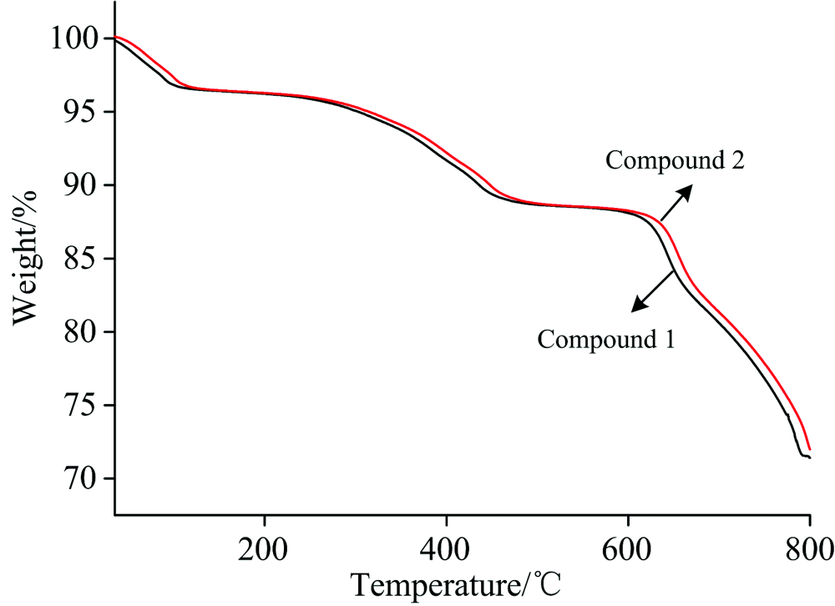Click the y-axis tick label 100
tap(74, 39)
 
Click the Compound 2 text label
tap(675, 159)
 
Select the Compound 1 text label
tap(606, 340)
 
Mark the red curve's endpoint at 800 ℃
tap(810, 450)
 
